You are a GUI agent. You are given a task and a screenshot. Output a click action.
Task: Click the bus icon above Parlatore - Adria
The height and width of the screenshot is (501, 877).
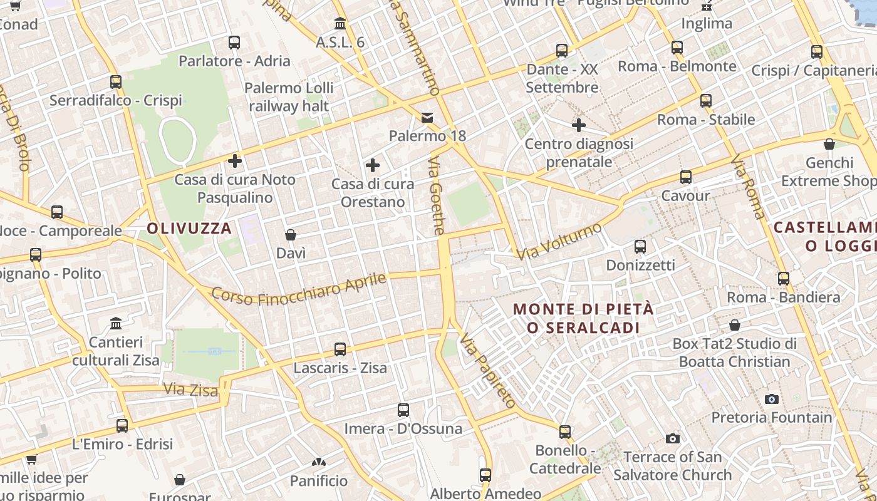234,43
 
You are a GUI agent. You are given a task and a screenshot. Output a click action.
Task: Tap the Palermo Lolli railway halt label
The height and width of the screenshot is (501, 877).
289,96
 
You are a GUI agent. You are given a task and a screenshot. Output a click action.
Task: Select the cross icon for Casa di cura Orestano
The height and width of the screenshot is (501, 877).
373,165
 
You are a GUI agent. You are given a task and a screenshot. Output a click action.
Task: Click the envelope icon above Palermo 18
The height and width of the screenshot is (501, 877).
427,117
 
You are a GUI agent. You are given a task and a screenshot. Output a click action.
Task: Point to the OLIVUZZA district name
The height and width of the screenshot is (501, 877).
189,229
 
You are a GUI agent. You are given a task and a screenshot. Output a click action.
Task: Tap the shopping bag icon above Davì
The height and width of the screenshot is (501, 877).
291,235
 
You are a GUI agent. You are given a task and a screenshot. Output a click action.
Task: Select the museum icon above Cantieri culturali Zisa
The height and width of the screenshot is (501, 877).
116,324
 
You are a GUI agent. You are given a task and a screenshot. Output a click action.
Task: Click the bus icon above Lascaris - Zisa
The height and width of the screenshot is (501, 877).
340,349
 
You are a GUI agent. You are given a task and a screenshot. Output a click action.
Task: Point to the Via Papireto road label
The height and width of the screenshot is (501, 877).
487,371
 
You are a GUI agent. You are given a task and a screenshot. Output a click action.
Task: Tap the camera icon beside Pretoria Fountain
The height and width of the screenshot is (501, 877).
772,399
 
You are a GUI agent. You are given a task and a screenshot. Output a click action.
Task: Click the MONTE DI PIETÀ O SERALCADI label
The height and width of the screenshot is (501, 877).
583,318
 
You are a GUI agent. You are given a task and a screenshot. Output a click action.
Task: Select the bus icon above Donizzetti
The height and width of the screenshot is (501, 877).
640,247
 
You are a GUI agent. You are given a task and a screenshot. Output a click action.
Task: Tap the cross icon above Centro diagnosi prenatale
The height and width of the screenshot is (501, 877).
579,125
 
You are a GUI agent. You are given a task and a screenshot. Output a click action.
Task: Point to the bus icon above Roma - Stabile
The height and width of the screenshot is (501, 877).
706,100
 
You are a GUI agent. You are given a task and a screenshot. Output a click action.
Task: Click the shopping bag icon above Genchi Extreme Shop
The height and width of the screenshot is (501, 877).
829,144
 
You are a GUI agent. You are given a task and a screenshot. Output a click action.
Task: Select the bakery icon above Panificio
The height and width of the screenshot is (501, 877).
319,463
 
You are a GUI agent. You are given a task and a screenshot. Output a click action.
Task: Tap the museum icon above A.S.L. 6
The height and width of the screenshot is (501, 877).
340,24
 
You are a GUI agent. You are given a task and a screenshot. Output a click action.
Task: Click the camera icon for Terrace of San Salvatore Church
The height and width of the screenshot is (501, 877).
673,438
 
